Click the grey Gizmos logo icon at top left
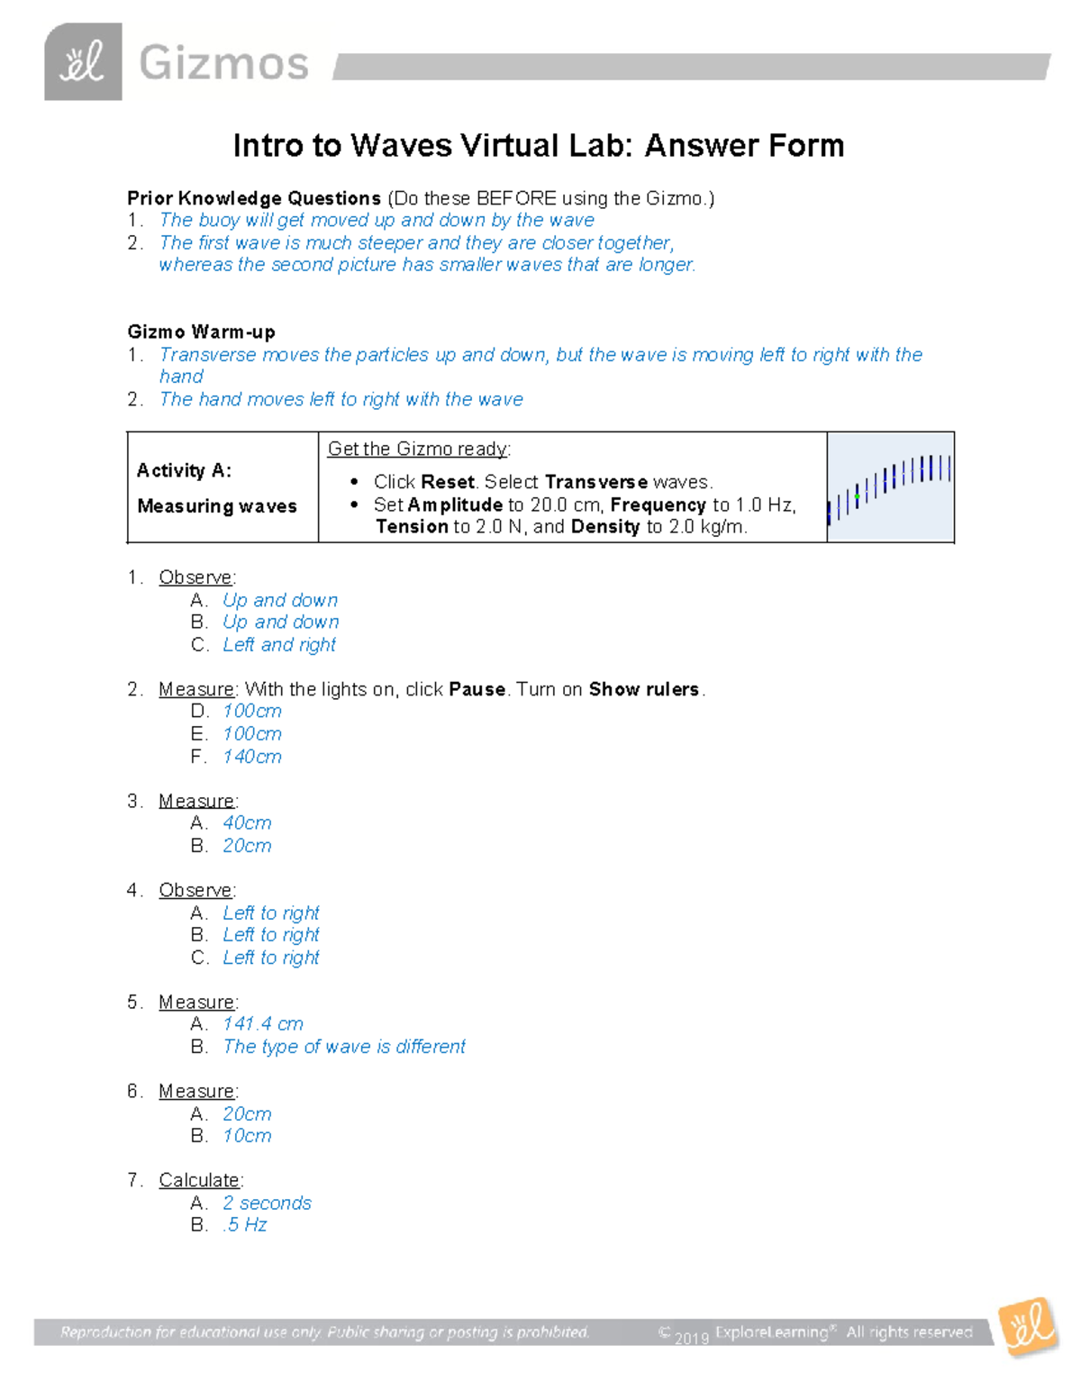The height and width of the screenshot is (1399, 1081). [x=83, y=62]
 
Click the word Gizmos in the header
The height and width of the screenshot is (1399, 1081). [x=223, y=64]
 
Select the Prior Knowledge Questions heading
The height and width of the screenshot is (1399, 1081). [x=254, y=198]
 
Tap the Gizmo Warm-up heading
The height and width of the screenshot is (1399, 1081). [x=201, y=332]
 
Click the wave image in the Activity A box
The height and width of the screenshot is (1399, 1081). [x=890, y=486]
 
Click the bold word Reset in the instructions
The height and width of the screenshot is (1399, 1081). [x=448, y=482]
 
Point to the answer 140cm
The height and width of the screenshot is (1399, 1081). [x=252, y=757]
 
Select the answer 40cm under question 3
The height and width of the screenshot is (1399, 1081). [x=247, y=822]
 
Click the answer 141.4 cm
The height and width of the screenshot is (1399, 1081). [x=263, y=1024]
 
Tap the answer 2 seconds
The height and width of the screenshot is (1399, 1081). [x=267, y=1203]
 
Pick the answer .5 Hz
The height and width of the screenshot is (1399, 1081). [x=246, y=1225]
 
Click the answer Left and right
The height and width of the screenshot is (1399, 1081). [x=279, y=645]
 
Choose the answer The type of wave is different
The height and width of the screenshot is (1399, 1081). [x=344, y=1047]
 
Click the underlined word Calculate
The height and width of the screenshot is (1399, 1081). [x=199, y=1180]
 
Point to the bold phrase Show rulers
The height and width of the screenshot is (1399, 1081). [x=644, y=689]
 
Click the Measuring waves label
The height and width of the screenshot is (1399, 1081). [x=217, y=506]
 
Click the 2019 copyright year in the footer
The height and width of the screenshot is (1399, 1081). [x=692, y=1338]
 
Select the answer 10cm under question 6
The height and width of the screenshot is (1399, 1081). [x=247, y=1136]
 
